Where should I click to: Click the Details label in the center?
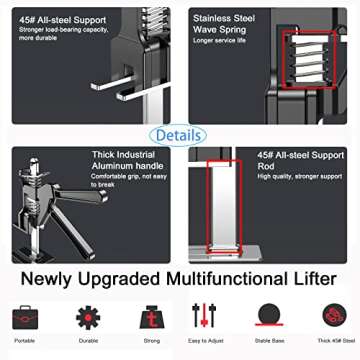[x=180, y=134]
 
